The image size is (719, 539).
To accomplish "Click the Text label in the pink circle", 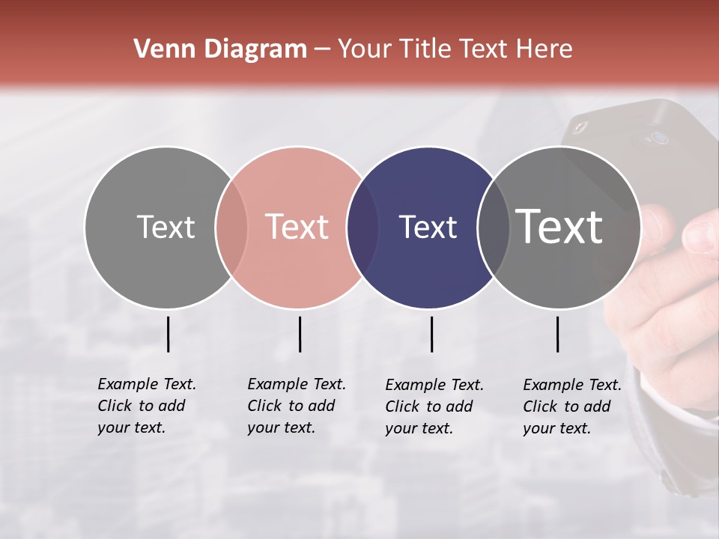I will click(297, 227).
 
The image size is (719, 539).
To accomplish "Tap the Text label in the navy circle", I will click(428, 228).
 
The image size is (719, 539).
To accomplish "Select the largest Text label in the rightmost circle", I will click(559, 226).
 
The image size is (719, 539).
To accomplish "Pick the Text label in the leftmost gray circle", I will click(166, 227).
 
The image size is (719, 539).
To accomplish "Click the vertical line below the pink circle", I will click(300, 334).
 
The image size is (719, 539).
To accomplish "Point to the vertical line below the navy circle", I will click(431, 334).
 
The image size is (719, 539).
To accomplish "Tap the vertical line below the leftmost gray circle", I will click(168, 334).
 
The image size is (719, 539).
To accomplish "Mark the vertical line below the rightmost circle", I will click(557, 334).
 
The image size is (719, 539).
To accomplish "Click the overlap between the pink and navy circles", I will click(362, 228).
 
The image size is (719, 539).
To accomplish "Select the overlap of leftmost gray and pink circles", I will click(231, 228).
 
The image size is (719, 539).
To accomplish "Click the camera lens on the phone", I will click(658, 138).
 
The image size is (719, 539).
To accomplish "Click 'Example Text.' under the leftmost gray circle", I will click(147, 384).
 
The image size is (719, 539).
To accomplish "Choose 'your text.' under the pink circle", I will click(281, 427).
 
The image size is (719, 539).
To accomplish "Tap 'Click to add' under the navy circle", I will click(429, 406).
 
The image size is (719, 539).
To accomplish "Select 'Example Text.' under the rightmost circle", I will click(572, 385).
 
